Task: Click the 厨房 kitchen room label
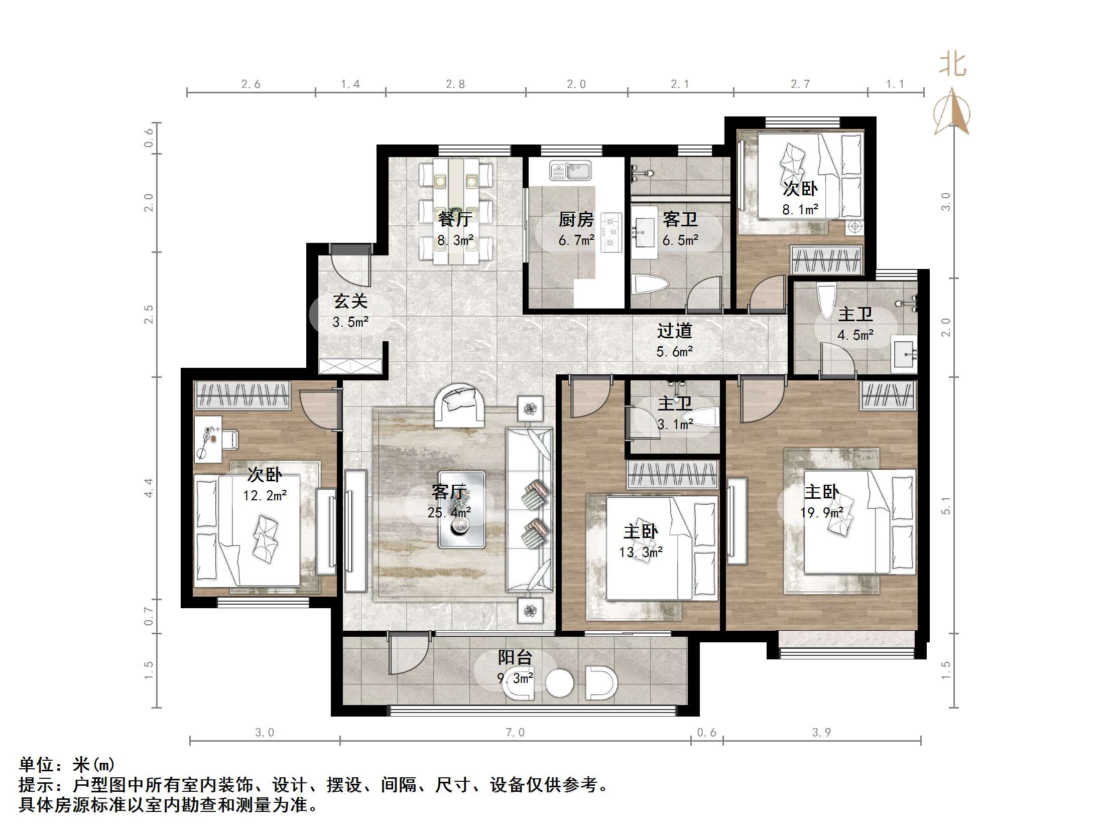point(576,219)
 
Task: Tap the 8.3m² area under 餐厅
point(455,240)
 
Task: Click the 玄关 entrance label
point(350,301)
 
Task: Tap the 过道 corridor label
point(675,331)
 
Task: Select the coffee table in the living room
point(461,509)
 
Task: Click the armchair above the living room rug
point(459,404)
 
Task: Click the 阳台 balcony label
point(515,657)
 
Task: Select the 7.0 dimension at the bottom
point(515,733)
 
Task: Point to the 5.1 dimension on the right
point(946,506)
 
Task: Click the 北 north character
point(953,65)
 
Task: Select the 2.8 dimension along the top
point(455,84)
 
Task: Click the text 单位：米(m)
point(67,765)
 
